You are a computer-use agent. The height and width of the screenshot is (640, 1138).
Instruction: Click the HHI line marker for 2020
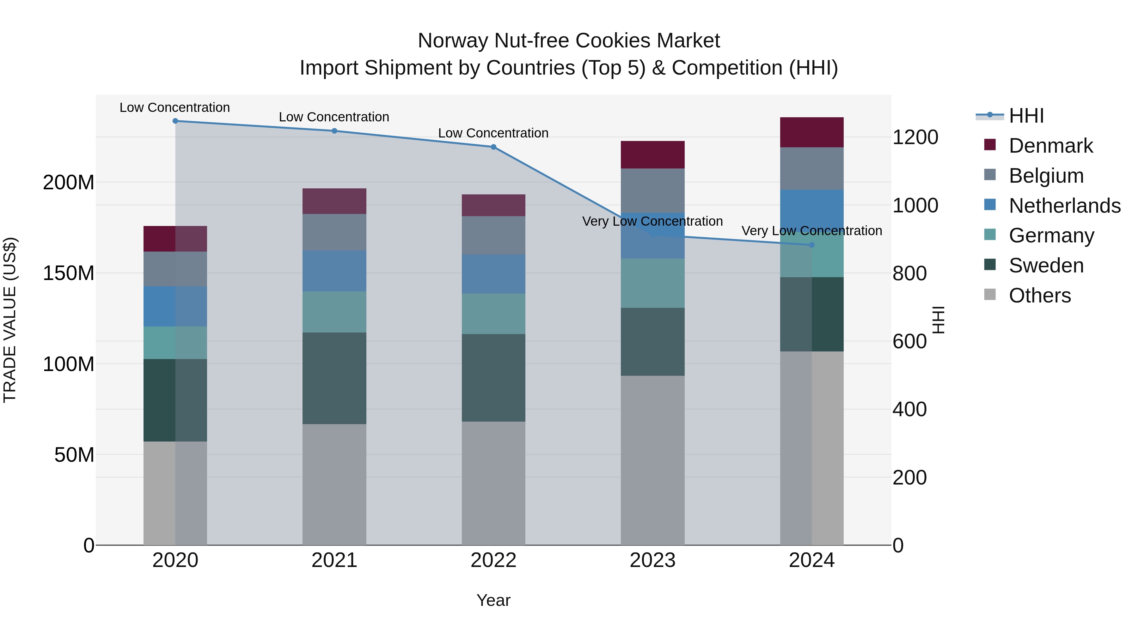point(175,121)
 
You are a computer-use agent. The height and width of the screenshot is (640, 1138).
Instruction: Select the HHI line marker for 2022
point(493,147)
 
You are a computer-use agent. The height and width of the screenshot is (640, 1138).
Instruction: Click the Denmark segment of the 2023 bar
point(652,155)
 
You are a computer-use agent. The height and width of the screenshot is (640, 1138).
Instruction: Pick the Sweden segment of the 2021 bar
point(334,378)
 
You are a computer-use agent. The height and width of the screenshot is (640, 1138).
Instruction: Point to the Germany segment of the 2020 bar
point(175,343)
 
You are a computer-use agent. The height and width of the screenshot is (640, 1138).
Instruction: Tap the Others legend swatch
point(990,295)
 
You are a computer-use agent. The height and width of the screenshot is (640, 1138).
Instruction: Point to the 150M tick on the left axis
point(69,273)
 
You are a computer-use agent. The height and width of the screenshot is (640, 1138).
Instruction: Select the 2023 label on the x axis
point(652,560)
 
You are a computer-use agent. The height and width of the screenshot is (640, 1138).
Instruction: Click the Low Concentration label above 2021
point(334,117)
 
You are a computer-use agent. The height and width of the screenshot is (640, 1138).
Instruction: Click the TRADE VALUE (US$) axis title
point(10,320)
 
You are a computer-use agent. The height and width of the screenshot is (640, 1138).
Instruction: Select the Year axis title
point(493,600)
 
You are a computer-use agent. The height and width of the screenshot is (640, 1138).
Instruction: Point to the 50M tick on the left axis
point(74,454)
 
